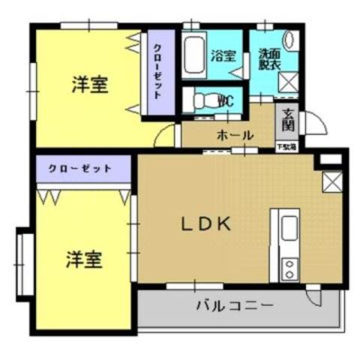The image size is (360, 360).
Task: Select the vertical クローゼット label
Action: pos(159,73)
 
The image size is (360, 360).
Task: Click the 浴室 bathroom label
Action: pos(223,55)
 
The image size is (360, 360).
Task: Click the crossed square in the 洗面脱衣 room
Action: pos(290,82)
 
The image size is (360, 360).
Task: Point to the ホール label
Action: pos(235,135)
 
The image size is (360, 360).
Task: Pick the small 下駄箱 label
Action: pos(288,145)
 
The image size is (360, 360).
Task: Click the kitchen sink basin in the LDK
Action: pos(289,229)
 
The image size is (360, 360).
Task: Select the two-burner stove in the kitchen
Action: pos(289,265)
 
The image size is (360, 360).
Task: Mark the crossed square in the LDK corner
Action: pos(331,181)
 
